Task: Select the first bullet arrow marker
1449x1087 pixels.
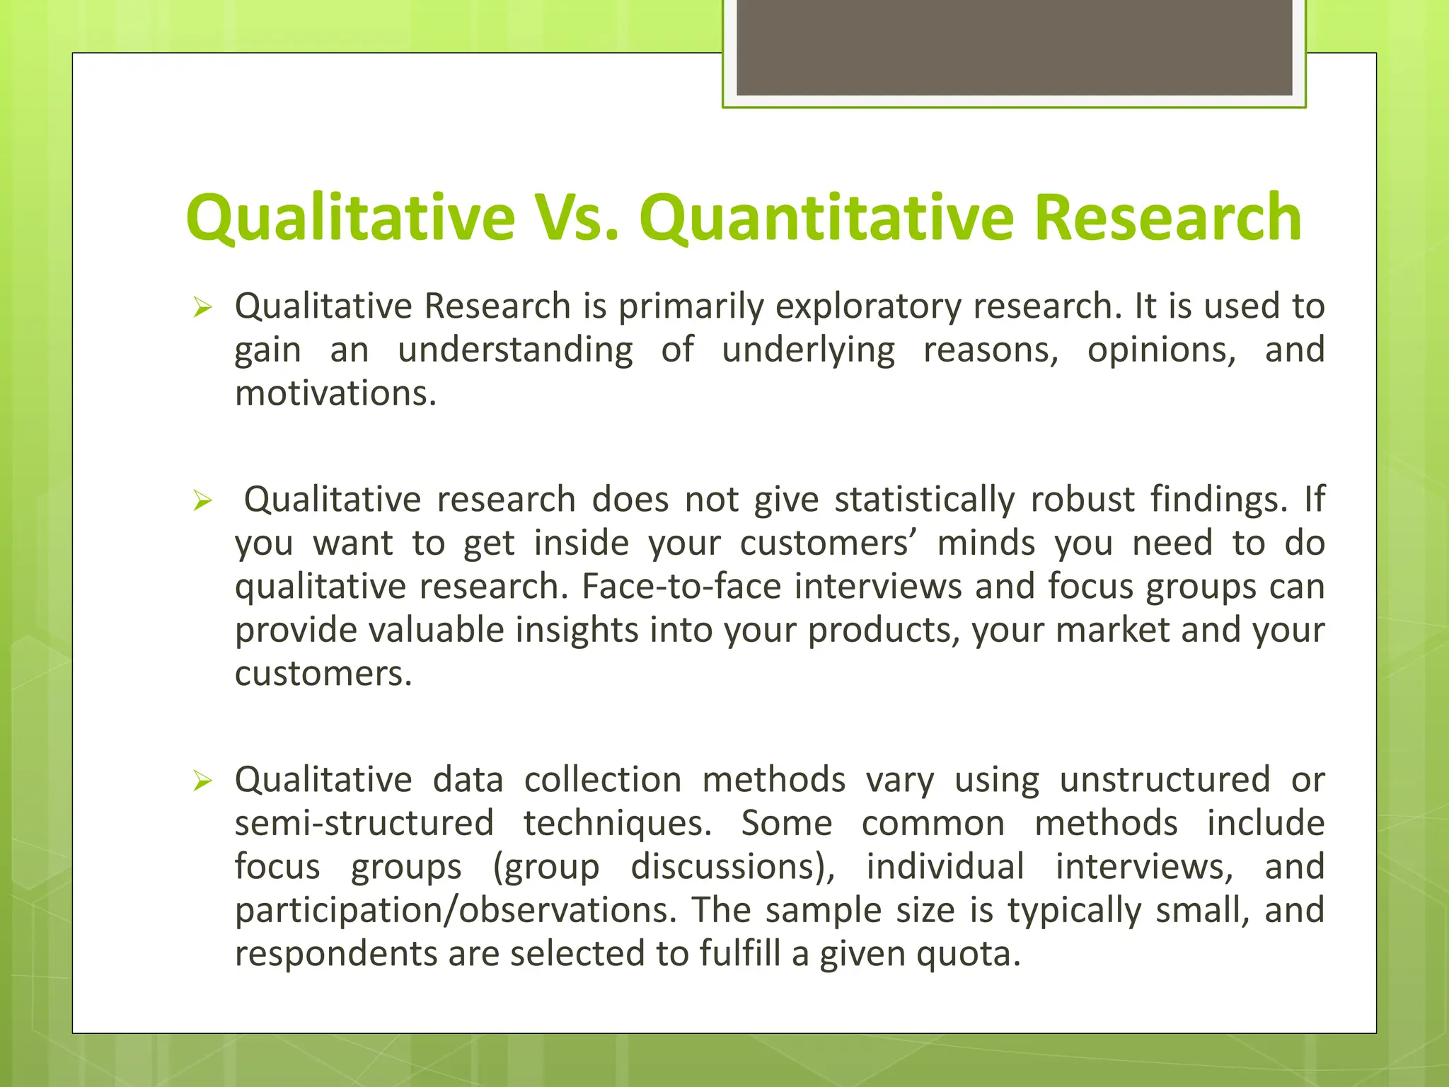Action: [x=202, y=308]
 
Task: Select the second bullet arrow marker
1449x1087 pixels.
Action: [x=202, y=501]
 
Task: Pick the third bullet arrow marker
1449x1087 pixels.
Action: [x=202, y=781]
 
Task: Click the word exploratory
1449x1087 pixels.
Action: [x=867, y=306]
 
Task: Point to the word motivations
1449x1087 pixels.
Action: [x=335, y=393]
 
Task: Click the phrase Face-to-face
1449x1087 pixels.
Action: [x=681, y=586]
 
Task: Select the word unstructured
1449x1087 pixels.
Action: [x=1165, y=779]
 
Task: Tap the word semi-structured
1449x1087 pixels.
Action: [x=364, y=823]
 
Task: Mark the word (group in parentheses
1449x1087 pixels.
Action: [x=545, y=867]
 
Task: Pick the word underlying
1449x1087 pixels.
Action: [x=808, y=350]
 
